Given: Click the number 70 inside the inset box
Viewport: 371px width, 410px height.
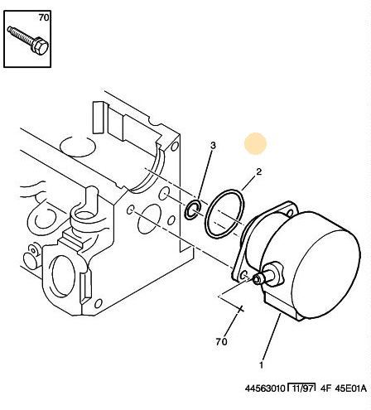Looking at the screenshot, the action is (x=44, y=17).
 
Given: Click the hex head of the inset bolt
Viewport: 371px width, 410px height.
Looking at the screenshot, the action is (x=41, y=47).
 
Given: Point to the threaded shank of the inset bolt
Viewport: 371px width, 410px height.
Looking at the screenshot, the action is (x=21, y=35).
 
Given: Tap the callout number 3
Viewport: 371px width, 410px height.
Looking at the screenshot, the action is (x=213, y=145).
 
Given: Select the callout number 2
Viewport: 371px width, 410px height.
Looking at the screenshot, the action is (x=258, y=171).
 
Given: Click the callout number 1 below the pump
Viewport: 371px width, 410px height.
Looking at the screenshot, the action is (x=261, y=365).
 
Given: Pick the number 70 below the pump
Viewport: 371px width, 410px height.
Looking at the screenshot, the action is (x=221, y=342).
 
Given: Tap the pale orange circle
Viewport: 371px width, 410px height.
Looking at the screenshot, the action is (x=256, y=143).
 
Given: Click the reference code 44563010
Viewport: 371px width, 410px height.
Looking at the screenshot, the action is (x=265, y=388).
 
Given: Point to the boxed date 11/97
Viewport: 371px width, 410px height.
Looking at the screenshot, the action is (x=302, y=388).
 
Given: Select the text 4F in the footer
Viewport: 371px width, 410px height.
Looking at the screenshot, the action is (x=325, y=388).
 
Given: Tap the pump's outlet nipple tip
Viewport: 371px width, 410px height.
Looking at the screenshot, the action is (x=257, y=280).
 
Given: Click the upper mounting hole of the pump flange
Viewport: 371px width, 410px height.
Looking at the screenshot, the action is (x=289, y=213).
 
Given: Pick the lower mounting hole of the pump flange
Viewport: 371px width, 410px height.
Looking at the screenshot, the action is (x=243, y=275).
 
